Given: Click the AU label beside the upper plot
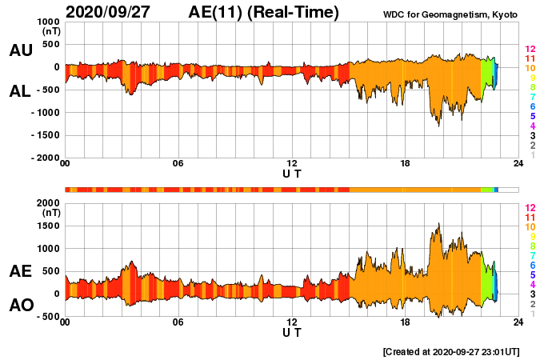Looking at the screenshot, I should tap(20, 50).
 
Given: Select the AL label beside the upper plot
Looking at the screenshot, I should tap(20, 91).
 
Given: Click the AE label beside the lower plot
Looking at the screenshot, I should tap(20, 271).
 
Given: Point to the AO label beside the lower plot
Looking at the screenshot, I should tap(20, 306).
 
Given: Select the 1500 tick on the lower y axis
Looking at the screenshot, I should tap(48, 226).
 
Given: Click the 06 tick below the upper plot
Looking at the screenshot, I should tap(178, 165).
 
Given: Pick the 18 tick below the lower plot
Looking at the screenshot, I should tap(405, 323).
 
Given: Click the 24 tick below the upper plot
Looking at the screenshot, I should tap(518, 165).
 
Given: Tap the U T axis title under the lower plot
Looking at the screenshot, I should tap(292, 332).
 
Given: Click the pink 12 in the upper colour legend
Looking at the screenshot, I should tap(529, 50).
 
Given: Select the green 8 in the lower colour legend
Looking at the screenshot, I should tap(530, 246).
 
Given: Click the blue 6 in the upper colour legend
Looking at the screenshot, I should tap(530, 107).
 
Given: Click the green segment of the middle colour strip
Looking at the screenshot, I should tap(487, 189).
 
